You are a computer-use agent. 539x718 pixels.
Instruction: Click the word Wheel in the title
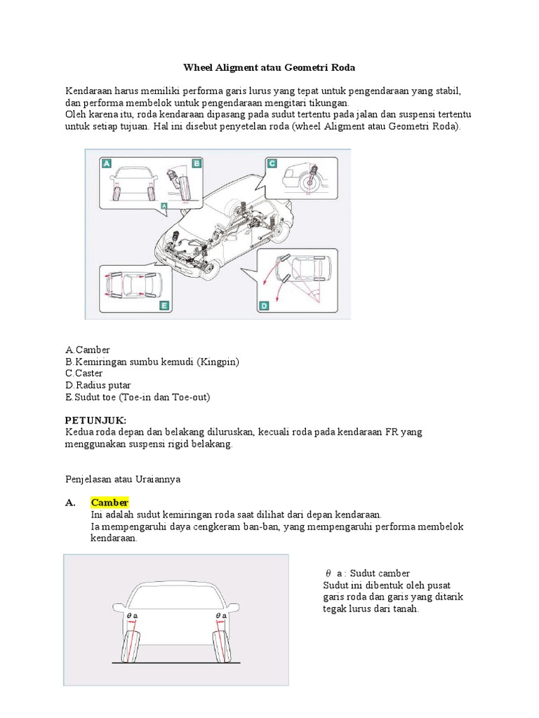[199, 67]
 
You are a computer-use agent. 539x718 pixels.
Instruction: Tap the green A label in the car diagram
[107, 163]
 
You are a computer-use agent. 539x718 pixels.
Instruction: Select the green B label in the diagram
[197, 163]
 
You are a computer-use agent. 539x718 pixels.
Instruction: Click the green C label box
[272, 163]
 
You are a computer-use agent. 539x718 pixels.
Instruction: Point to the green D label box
[265, 306]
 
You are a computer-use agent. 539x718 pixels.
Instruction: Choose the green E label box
[164, 306]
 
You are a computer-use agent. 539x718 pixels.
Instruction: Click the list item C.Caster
[84, 373]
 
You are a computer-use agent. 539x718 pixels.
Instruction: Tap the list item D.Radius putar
[98, 385]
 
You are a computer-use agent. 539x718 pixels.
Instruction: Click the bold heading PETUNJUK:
[95, 420]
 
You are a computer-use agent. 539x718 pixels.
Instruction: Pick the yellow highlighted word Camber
[109, 503]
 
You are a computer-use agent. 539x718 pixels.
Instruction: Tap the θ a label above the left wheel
[132, 615]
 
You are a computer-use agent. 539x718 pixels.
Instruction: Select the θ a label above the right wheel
[221, 615]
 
